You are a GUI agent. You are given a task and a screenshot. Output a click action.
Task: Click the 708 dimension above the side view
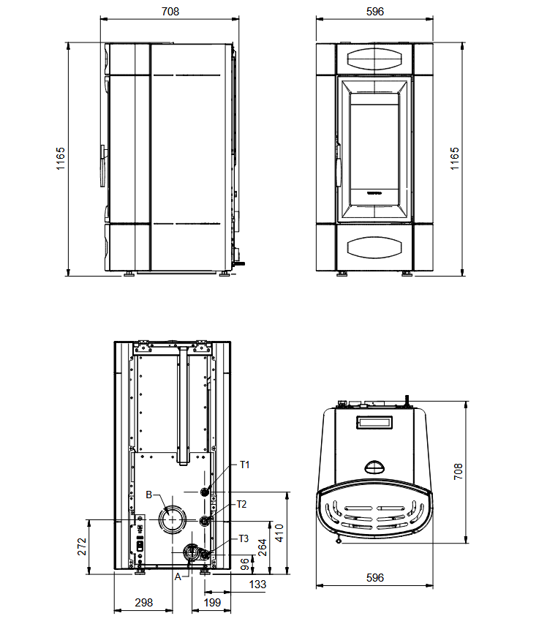[x=170, y=12]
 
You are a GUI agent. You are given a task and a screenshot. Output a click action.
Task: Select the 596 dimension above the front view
[x=375, y=12]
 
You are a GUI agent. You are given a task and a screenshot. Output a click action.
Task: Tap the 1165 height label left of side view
[x=60, y=158]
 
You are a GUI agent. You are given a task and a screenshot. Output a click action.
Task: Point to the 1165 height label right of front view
[x=455, y=158]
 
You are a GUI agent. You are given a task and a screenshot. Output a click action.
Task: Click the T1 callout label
[x=244, y=465]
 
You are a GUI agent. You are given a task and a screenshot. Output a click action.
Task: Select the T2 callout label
[x=241, y=504]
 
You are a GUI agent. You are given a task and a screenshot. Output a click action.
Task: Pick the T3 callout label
[x=244, y=538]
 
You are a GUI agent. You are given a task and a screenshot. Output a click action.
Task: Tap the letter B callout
[x=149, y=495]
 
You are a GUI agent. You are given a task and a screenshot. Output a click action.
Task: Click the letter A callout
[x=178, y=576]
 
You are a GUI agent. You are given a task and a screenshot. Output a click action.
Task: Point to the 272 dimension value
[x=82, y=546]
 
